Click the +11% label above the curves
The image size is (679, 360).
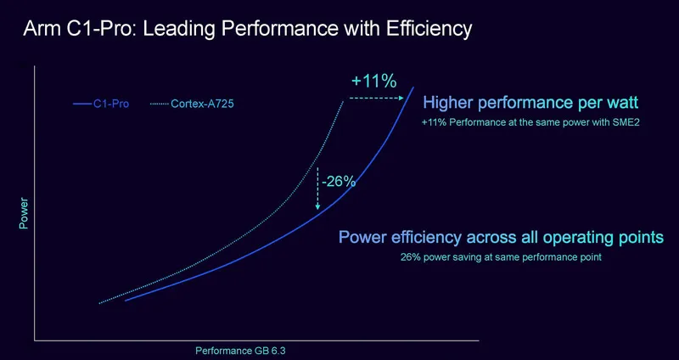[374, 82]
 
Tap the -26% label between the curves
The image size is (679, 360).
[338, 181]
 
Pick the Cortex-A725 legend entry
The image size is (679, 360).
[196, 104]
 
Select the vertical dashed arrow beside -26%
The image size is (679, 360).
[317, 188]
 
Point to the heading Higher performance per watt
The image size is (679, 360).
[530, 104]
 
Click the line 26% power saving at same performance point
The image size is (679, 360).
[501, 256]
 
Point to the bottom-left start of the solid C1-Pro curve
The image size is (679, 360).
[126, 301]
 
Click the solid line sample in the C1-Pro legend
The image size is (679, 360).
[82, 104]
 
